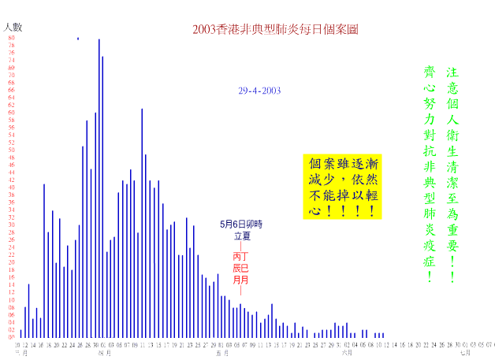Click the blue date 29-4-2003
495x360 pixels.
259,91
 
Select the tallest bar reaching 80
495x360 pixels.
99,189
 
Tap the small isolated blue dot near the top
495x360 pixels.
78,39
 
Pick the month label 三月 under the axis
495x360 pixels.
21,353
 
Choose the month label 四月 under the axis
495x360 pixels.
104,353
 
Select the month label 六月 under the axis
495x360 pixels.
347,353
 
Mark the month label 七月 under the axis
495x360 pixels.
466,353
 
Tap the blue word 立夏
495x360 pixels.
241,236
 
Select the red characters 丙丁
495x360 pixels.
240,257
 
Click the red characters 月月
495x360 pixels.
240,280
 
